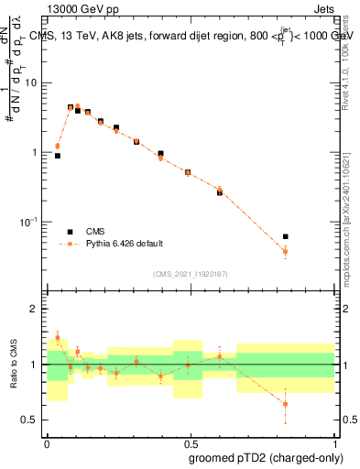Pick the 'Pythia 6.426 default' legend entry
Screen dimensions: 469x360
[x=124, y=244]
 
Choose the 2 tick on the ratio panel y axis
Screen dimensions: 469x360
[x=38, y=309]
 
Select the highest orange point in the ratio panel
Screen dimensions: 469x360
[x=58, y=338]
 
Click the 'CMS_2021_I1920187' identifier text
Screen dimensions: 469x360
[x=190, y=274]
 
